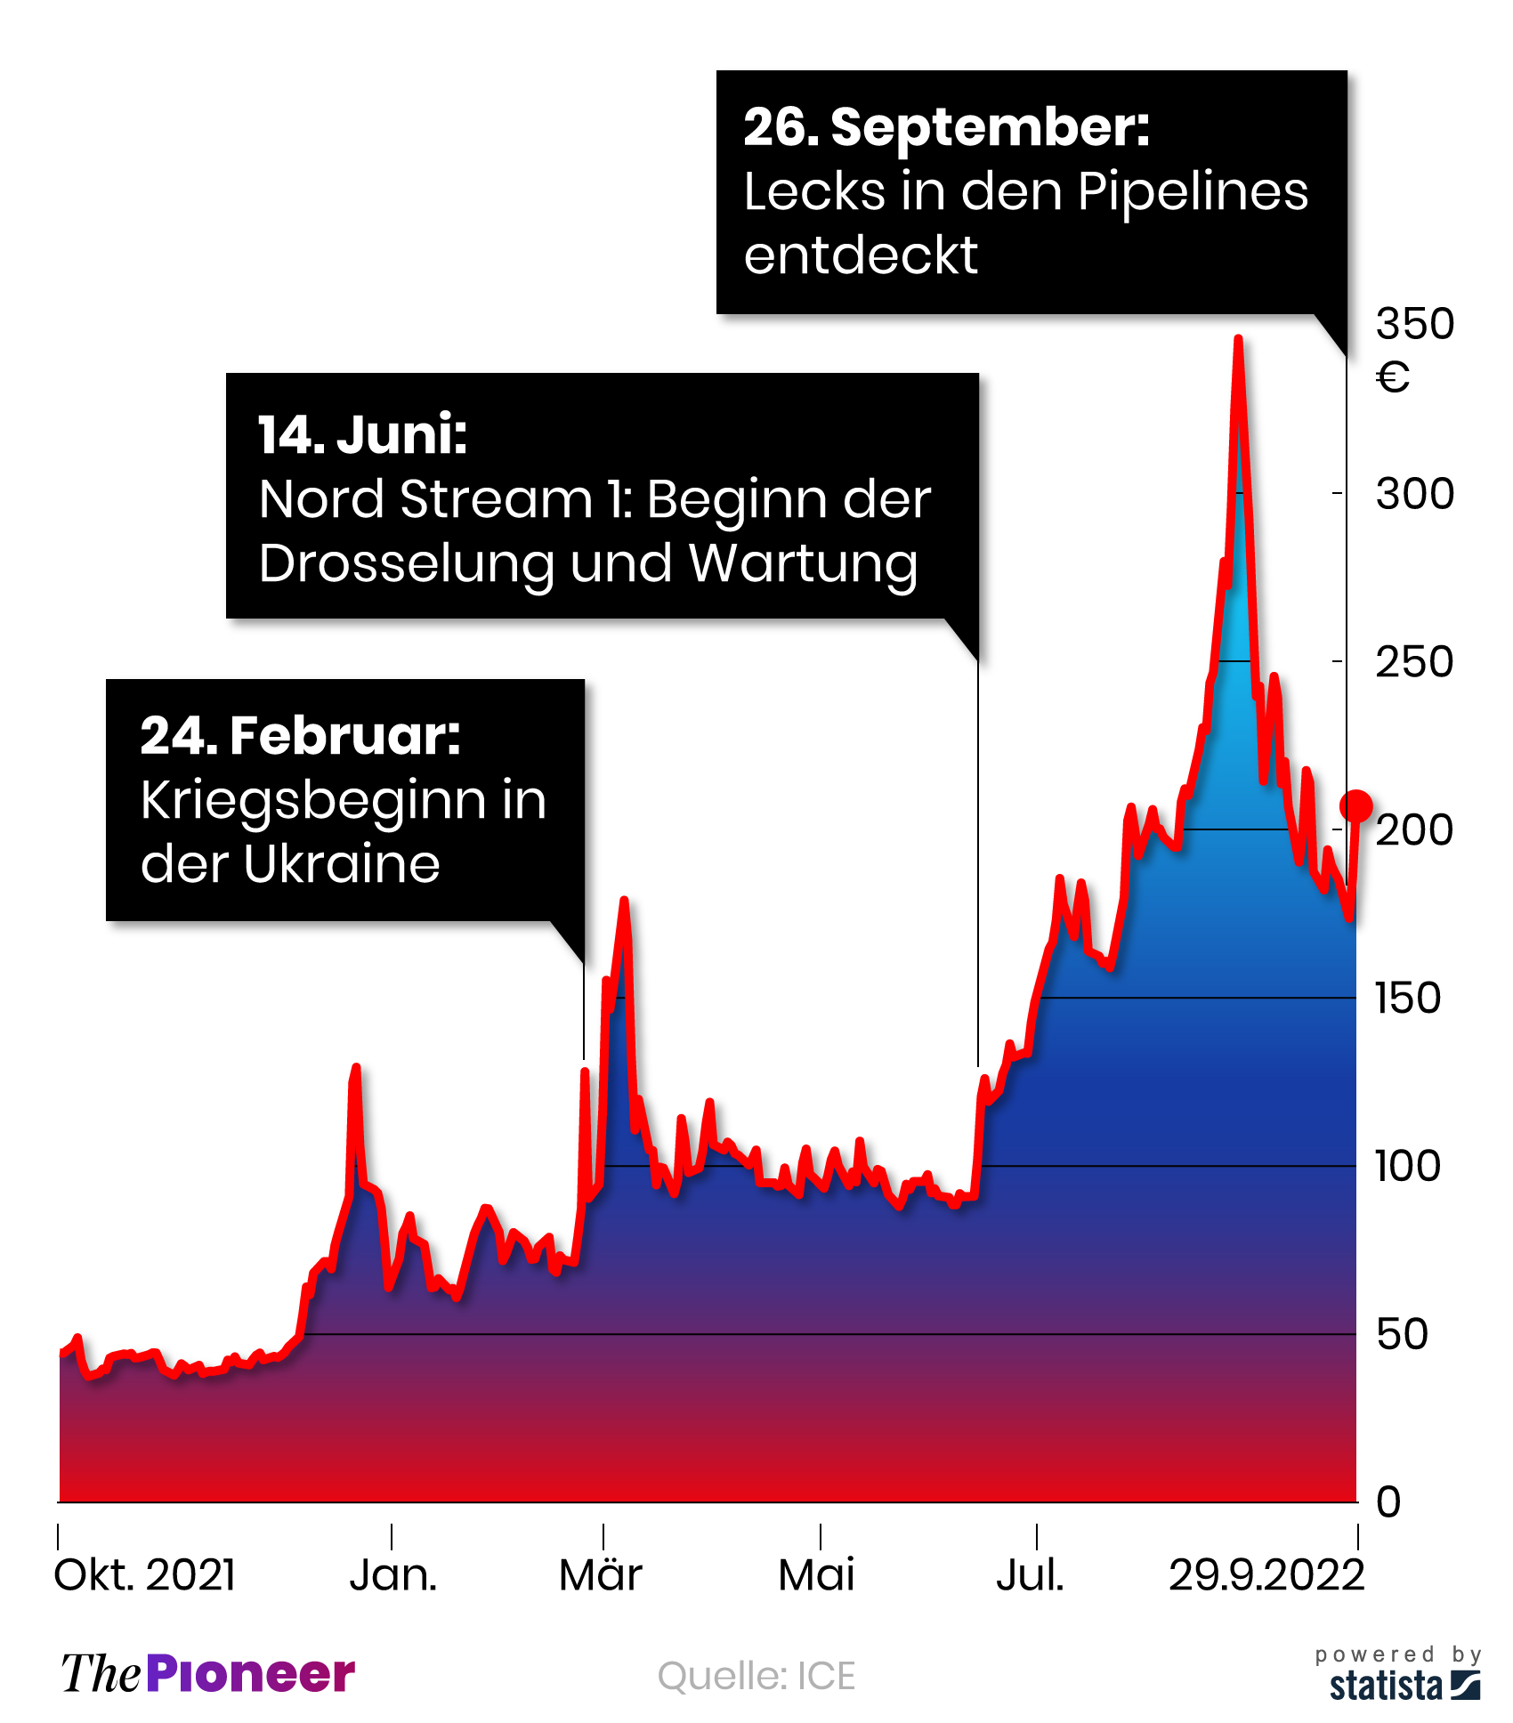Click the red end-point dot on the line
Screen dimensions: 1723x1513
coord(1355,805)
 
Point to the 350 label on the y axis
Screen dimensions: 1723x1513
coord(1414,323)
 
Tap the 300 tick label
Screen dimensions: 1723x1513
coord(1414,493)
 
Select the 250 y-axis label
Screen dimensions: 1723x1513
coord(1414,662)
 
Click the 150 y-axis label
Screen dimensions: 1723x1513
coord(1407,998)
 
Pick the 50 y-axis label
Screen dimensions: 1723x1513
coord(1402,1334)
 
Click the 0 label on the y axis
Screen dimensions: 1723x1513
coord(1388,1502)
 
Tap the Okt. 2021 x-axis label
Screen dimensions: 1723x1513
coord(145,1575)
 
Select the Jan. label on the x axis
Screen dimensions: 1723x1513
coord(393,1575)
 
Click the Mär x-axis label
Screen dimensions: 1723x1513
coord(601,1575)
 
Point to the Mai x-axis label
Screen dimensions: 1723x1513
coord(816,1575)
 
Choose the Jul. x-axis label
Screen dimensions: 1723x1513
coord(1031,1575)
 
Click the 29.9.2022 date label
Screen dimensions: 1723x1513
coord(1266,1575)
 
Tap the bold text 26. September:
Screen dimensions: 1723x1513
coord(946,126)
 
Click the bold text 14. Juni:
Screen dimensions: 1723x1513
coord(363,434)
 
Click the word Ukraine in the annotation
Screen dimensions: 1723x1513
coord(342,863)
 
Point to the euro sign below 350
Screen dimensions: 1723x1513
coord(1393,377)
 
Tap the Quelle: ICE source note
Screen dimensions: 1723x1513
coord(756,1676)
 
